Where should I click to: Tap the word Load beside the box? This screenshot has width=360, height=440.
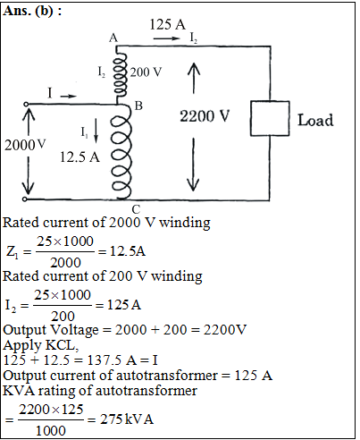click(315, 120)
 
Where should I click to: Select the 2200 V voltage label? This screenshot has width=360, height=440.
click(205, 115)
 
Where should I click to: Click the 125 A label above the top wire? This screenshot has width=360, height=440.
click(167, 24)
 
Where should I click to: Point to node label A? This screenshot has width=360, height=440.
click(113, 38)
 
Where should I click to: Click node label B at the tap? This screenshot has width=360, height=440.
click(138, 106)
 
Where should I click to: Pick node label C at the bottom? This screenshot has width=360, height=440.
click(136, 209)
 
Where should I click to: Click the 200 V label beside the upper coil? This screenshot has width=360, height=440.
click(146, 72)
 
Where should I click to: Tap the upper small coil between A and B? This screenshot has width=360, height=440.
click(120, 74)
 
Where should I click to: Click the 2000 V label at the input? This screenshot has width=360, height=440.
click(25, 145)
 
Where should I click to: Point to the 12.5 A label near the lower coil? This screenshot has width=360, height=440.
click(80, 157)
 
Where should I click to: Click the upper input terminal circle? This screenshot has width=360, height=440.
click(26, 104)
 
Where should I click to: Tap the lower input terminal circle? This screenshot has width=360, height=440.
click(25, 199)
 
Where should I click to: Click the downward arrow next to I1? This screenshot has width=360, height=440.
click(96, 131)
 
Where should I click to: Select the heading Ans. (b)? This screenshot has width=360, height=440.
click(32, 11)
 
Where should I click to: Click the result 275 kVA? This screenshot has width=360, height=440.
click(127, 419)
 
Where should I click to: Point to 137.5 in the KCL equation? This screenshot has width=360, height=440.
click(105, 360)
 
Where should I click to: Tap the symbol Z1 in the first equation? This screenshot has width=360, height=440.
click(13, 252)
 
